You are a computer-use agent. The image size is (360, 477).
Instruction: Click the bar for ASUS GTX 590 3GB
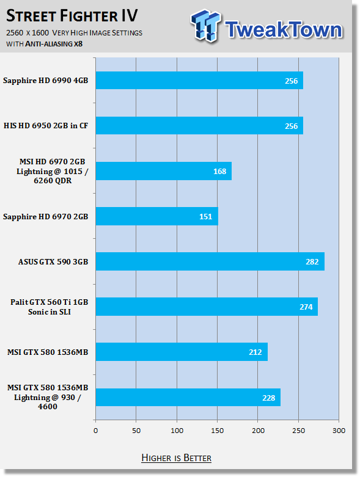click(x=210, y=261)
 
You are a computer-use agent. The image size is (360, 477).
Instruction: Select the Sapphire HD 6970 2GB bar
click(x=157, y=216)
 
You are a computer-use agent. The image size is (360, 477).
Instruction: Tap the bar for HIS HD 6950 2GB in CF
click(x=199, y=126)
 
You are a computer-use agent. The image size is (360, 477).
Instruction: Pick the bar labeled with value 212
click(x=182, y=352)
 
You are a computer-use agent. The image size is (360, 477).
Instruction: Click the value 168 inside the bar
click(x=219, y=171)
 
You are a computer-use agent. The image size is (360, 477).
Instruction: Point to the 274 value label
click(x=306, y=307)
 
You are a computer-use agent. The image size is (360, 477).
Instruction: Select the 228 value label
click(x=269, y=398)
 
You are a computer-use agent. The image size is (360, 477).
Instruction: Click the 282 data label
click(x=312, y=261)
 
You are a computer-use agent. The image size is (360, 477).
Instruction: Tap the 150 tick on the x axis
click(x=217, y=431)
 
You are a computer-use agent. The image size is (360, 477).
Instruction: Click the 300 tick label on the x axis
click(x=339, y=431)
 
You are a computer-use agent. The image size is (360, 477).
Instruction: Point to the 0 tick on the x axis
click(x=96, y=431)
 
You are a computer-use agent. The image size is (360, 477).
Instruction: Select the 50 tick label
click(x=136, y=431)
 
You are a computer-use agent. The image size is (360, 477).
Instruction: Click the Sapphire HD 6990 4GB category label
click(x=46, y=81)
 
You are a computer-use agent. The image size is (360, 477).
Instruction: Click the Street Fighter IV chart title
click(x=72, y=16)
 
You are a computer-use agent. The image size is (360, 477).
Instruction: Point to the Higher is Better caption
click(x=176, y=458)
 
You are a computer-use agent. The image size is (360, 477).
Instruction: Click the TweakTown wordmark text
click(x=284, y=29)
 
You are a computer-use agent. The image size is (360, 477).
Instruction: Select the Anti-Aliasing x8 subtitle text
click(x=54, y=44)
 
